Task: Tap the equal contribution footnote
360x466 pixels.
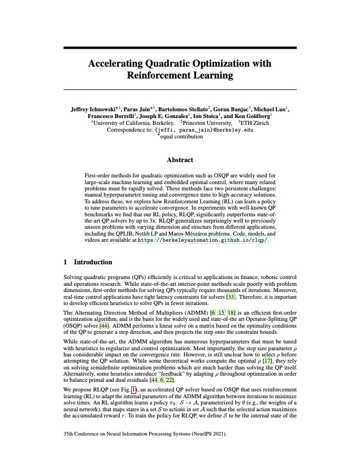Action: pyautogui.click(x=180, y=136)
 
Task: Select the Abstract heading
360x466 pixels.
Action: pyautogui.click(x=180, y=160)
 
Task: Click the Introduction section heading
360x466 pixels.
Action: pyautogui.click(x=93, y=263)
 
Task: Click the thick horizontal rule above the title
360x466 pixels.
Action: pyautogui.click(x=180, y=47)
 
